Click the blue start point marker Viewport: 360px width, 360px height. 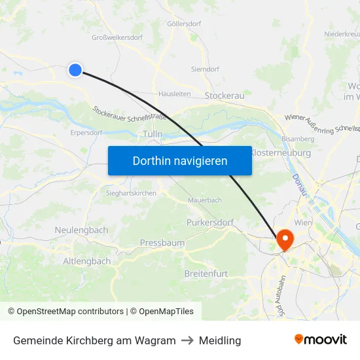tap(75, 69)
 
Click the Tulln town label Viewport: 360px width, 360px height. tap(152, 134)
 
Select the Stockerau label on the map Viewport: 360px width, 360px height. tap(225, 96)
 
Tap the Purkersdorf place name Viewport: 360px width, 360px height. tap(210, 223)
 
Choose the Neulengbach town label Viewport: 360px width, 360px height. tap(81, 230)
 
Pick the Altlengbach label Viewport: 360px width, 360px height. tap(87, 261)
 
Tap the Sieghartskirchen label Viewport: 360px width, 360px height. tap(131, 193)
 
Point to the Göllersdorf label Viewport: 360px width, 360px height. tap(183, 24)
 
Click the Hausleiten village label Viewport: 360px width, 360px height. tap(174, 94)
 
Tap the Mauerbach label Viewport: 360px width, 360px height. tap(204, 200)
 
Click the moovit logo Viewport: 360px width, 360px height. tap(321, 339)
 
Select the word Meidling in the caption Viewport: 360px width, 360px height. tap(220, 340)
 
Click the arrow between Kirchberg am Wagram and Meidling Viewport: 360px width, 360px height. tap(187, 340)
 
